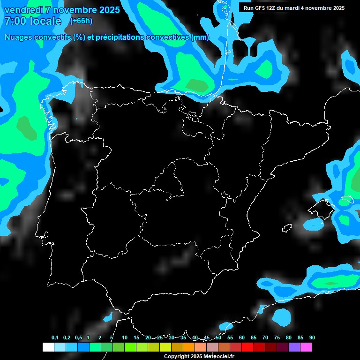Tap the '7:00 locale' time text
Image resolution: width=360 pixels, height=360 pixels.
[32, 21]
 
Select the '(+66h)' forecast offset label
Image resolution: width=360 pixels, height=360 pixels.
[81, 21]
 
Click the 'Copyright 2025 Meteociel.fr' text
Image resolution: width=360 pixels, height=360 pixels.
[199, 356]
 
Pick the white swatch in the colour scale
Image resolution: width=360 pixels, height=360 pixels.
[48, 347]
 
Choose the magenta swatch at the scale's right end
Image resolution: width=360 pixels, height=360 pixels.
[306, 347]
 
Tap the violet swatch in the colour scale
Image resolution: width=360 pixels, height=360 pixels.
[294, 347]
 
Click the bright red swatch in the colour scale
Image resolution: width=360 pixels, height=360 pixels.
[247, 347]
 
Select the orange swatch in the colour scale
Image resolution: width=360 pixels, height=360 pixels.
[188, 347]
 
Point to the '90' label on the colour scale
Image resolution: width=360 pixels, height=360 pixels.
[312, 338]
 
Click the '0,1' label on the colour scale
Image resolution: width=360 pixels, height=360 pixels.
[54, 338]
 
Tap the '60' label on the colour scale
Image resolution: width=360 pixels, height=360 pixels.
[242, 338]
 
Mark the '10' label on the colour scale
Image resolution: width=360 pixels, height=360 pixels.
[125, 338]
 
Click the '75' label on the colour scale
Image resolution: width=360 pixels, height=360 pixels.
[277, 338]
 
